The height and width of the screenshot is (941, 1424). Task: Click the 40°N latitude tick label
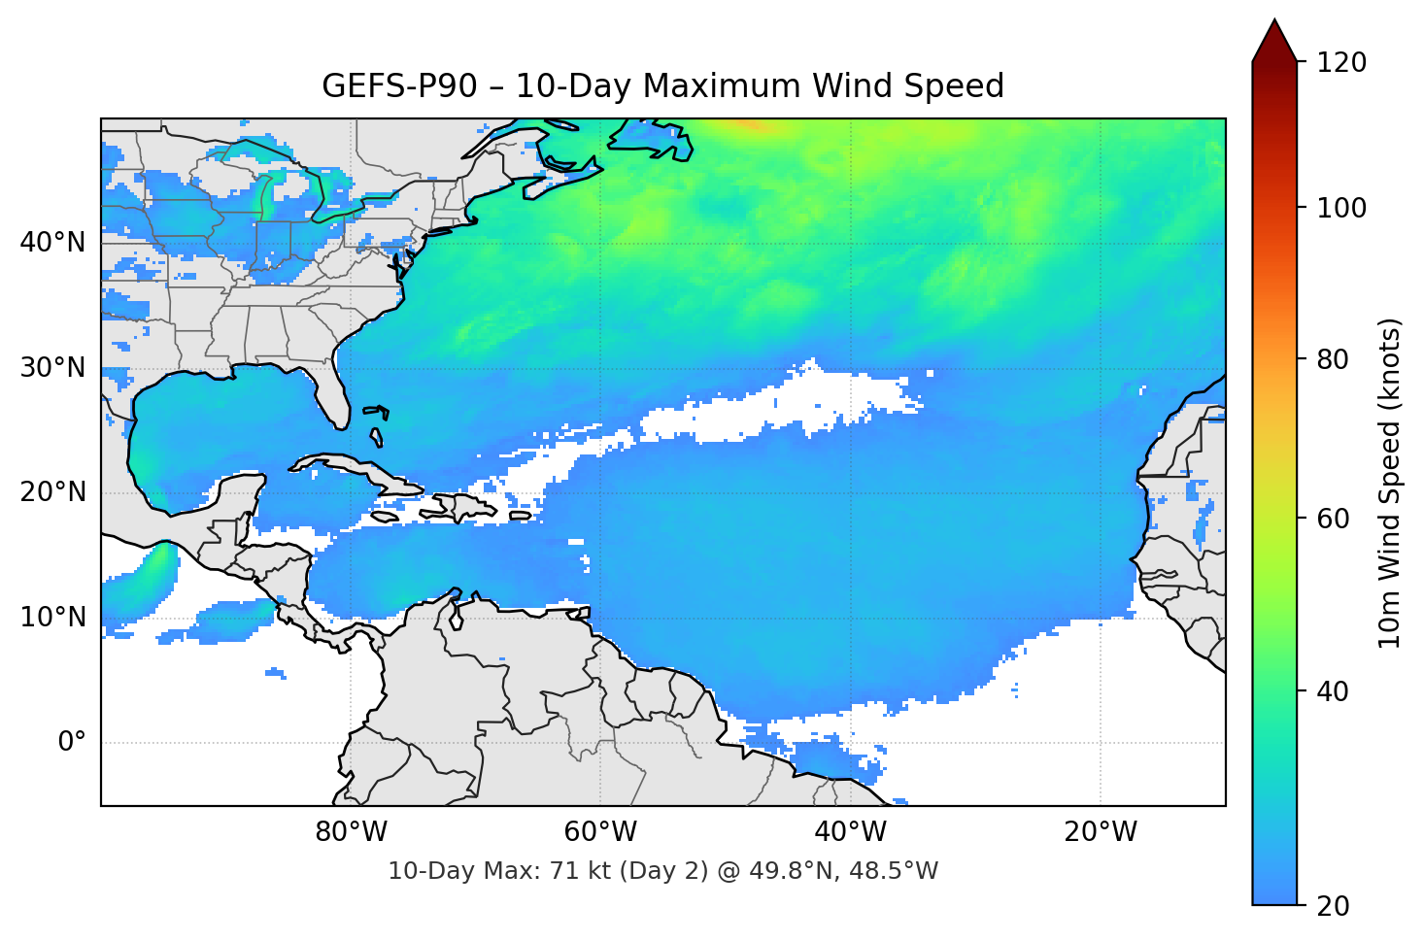[52, 243]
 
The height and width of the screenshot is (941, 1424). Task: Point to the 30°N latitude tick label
[52, 368]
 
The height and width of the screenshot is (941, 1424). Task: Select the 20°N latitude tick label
[52, 492]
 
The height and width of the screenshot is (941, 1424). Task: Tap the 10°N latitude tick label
[52, 618]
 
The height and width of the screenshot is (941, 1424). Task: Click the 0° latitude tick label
[72, 743]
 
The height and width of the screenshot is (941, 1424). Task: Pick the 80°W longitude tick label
[351, 832]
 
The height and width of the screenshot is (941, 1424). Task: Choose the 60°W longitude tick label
[600, 832]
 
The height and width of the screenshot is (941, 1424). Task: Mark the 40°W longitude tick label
[850, 832]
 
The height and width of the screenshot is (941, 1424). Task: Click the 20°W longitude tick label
[1100, 832]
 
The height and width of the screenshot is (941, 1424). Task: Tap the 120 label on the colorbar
[1341, 62]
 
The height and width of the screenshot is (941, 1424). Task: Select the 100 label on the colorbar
[1341, 208]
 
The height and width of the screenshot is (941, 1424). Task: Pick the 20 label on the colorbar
[1333, 906]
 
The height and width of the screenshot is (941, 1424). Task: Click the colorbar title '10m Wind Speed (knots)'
[1390, 483]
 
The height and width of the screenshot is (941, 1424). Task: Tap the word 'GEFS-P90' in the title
[399, 86]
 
